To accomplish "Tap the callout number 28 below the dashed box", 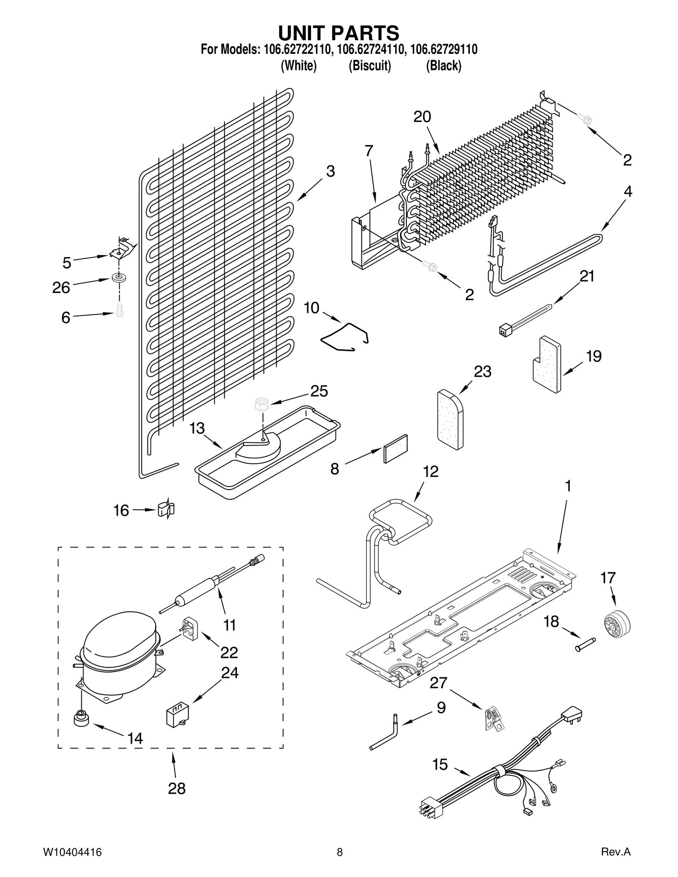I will (x=177, y=788).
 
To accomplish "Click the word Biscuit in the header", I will (x=370, y=66).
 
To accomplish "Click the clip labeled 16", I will (x=166, y=509).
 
